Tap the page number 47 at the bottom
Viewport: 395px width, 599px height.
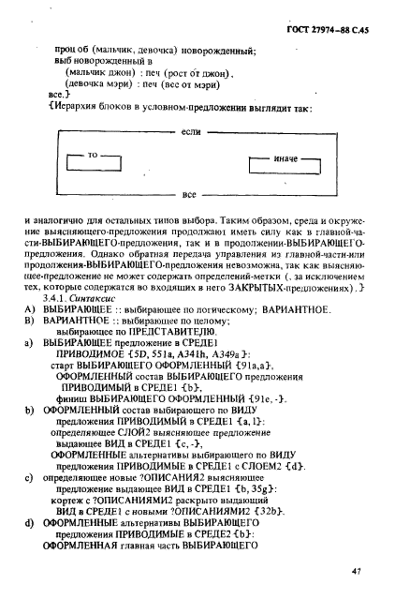(x=357, y=571)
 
